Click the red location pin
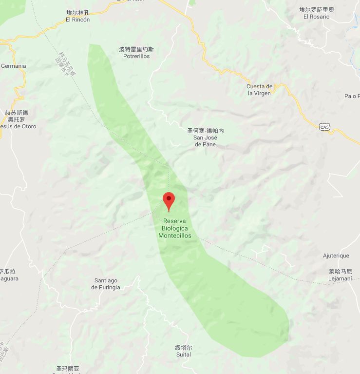(169, 201)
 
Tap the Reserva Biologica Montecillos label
(174, 228)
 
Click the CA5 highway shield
(324, 127)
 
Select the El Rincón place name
(78, 20)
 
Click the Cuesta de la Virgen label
(260, 90)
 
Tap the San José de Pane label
(206, 141)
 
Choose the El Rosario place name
(316, 17)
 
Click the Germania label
(14, 66)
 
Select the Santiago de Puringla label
(105, 284)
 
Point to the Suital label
(183, 355)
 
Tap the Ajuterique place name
(336, 256)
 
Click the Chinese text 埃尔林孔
(78, 13)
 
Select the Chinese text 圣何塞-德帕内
(206, 131)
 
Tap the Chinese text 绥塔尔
(183, 348)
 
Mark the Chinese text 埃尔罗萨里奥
(316, 10)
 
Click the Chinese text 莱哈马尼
(340, 272)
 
